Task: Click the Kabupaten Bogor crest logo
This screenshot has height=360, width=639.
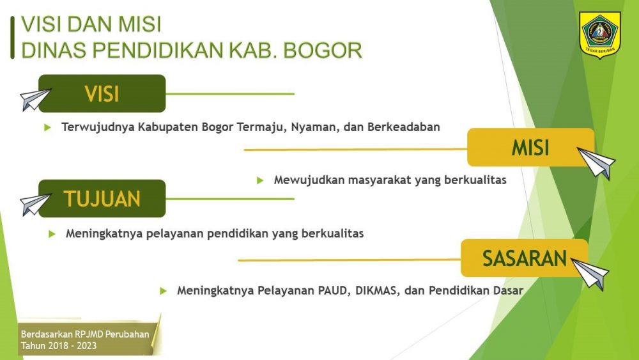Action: (599, 35)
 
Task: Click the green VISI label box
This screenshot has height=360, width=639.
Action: (102, 93)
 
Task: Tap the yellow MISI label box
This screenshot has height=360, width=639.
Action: (530, 147)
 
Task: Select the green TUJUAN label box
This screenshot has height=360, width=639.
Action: (102, 199)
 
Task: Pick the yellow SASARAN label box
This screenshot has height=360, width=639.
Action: (525, 258)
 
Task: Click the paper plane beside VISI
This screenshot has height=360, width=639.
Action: (35, 100)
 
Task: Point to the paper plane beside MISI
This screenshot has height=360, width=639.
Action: (596, 162)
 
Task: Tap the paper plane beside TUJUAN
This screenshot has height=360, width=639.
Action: (35, 204)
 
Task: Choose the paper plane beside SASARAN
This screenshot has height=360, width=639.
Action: (590, 274)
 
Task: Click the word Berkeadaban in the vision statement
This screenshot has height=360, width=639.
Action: (403, 127)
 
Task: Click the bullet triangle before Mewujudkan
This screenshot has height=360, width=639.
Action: (260, 180)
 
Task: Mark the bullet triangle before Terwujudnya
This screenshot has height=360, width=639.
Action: (47, 127)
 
